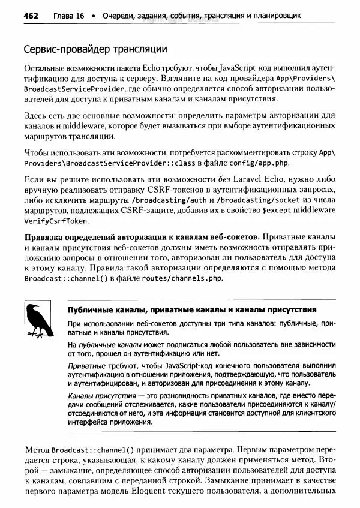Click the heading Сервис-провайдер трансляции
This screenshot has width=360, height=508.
[94, 48]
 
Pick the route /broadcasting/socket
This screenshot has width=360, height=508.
[262, 200]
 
